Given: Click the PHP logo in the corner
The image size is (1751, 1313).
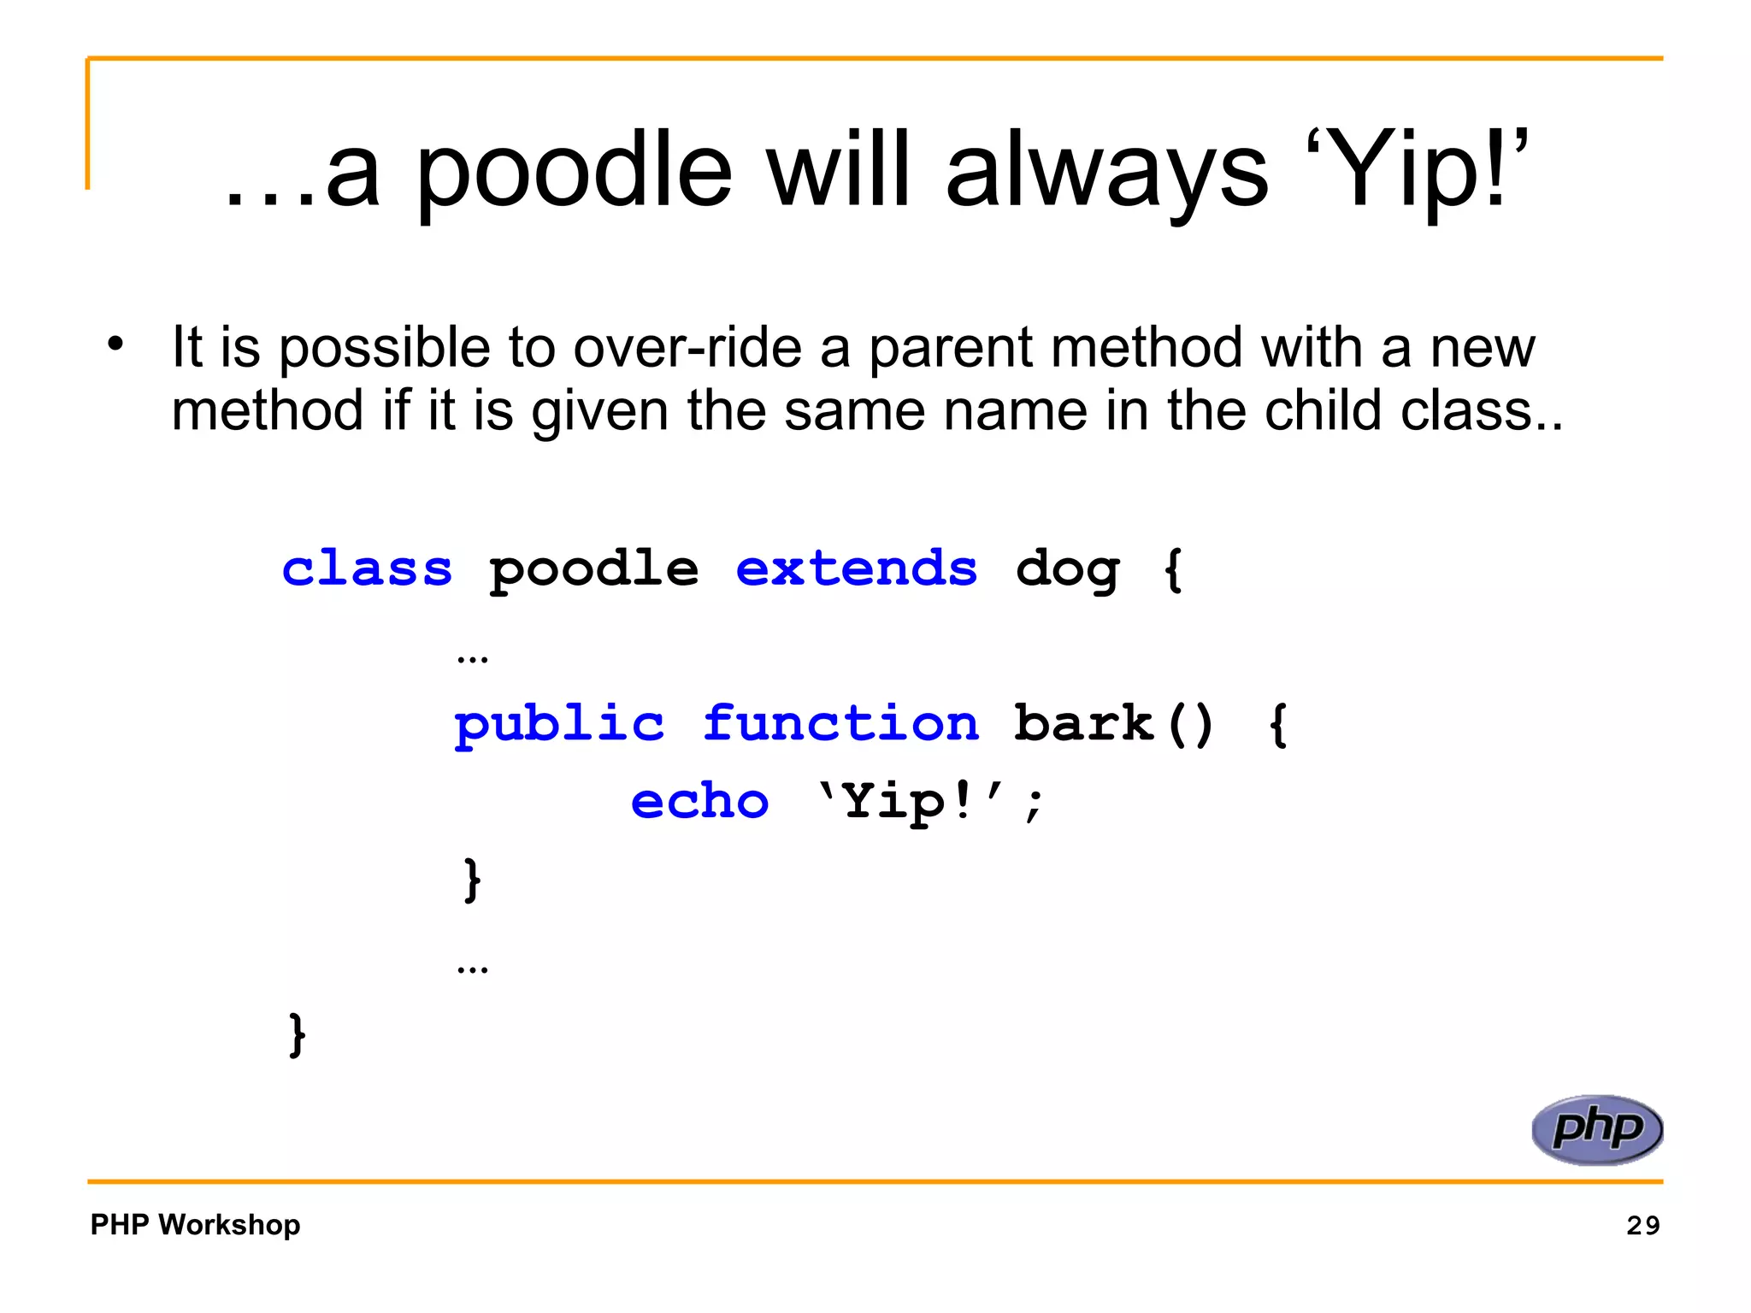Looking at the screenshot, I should pyautogui.click(x=1596, y=1129).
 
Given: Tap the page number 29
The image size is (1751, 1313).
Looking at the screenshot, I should pyautogui.click(x=1642, y=1225).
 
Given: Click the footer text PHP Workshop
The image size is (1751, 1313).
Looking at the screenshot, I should pyautogui.click(x=195, y=1224).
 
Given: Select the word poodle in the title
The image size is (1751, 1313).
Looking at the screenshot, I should pyautogui.click(x=574, y=171).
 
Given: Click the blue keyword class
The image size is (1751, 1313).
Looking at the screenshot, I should pyautogui.click(x=367, y=569).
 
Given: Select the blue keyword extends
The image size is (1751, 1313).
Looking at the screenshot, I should pyautogui.click(x=856, y=569).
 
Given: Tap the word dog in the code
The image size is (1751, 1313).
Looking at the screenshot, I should pyautogui.click(x=1067, y=571).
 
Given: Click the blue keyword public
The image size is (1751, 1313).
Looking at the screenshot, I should pyautogui.click(x=558, y=725).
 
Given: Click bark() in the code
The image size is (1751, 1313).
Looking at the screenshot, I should pyautogui.click(x=1113, y=724).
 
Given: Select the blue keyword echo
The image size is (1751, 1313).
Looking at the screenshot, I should pyautogui.click(x=699, y=802).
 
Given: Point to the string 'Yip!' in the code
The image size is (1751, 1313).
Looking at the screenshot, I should pyautogui.click(x=910, y=803).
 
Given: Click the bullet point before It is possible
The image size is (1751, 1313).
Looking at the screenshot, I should pyautogui.click(x=115, y=344).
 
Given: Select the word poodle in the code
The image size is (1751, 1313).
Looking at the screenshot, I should pyautogui.click(x=593, y=571).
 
